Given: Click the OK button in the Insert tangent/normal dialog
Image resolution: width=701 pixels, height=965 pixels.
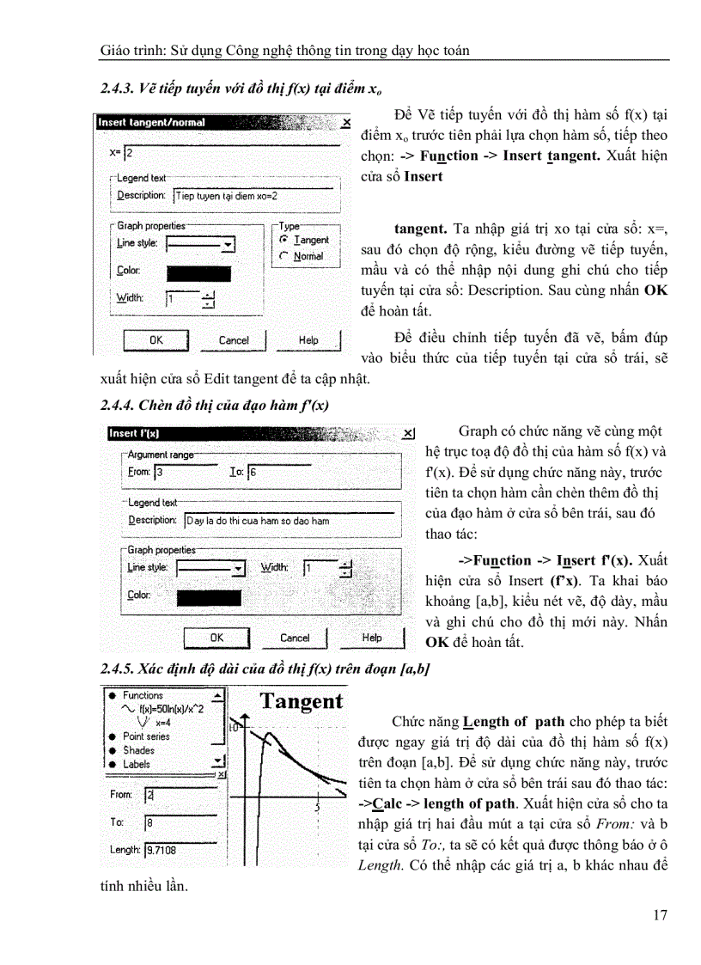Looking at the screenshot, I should coord(155,340).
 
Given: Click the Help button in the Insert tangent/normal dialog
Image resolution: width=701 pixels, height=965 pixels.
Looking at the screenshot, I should coord(308,340).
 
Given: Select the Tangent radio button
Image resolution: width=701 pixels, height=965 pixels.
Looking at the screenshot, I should coord(284,241).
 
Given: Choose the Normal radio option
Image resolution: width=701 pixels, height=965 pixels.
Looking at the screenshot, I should coord(284,256).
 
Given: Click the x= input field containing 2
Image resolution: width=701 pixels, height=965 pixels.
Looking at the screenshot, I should coord(232,152).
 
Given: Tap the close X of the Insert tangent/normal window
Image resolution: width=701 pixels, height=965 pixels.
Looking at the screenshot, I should coord(345,123).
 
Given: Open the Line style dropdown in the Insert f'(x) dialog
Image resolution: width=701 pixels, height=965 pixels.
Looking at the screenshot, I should coord(239,569).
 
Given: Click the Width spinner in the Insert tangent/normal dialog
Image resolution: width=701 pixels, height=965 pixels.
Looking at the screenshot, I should coord(208,299).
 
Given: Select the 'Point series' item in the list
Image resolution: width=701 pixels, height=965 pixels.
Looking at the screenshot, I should coord(146,736).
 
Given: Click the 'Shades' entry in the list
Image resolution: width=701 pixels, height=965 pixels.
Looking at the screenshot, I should coord(138,750).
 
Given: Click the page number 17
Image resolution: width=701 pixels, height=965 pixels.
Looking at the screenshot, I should coord(660,914).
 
